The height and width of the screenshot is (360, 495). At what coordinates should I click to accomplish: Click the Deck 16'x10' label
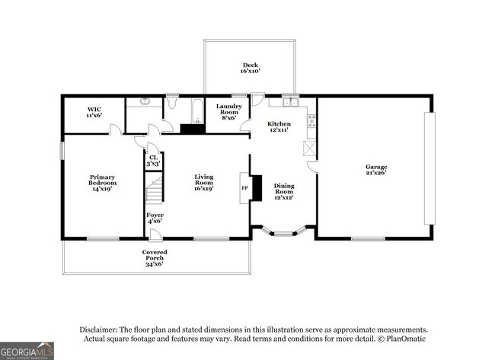[x=251, y=68]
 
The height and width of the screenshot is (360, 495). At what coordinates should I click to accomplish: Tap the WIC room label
[x=94, y=112]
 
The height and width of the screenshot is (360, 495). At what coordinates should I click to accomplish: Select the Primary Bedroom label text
[x=102, y=183]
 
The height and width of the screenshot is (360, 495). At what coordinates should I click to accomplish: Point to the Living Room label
[x=203, y=183]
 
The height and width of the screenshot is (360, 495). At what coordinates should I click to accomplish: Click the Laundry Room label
[x=228, y=112]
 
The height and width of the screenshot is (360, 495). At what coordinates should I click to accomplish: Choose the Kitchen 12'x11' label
[x=279, y=127]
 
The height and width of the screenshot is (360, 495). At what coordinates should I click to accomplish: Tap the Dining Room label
[x=284, y=190]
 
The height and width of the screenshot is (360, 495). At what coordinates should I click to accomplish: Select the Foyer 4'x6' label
[x=155, y=218]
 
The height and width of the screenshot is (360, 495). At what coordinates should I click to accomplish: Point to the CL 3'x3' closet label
[x=154, y=161]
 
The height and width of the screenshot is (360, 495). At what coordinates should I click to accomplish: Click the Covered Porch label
[x=155, y=256]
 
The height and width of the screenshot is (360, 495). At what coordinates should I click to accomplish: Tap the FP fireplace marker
[x=244, y=187]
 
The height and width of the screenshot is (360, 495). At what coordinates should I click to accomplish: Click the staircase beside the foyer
[x=155, y=189]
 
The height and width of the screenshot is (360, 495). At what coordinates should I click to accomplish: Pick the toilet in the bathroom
[x=172, y=103]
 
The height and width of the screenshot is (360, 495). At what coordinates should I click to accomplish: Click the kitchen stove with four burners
[x=311, y=122]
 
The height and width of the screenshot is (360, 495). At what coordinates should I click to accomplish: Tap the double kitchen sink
[x=289, y=100]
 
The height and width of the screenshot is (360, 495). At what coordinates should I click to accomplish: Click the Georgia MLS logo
[x=27, y=351]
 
